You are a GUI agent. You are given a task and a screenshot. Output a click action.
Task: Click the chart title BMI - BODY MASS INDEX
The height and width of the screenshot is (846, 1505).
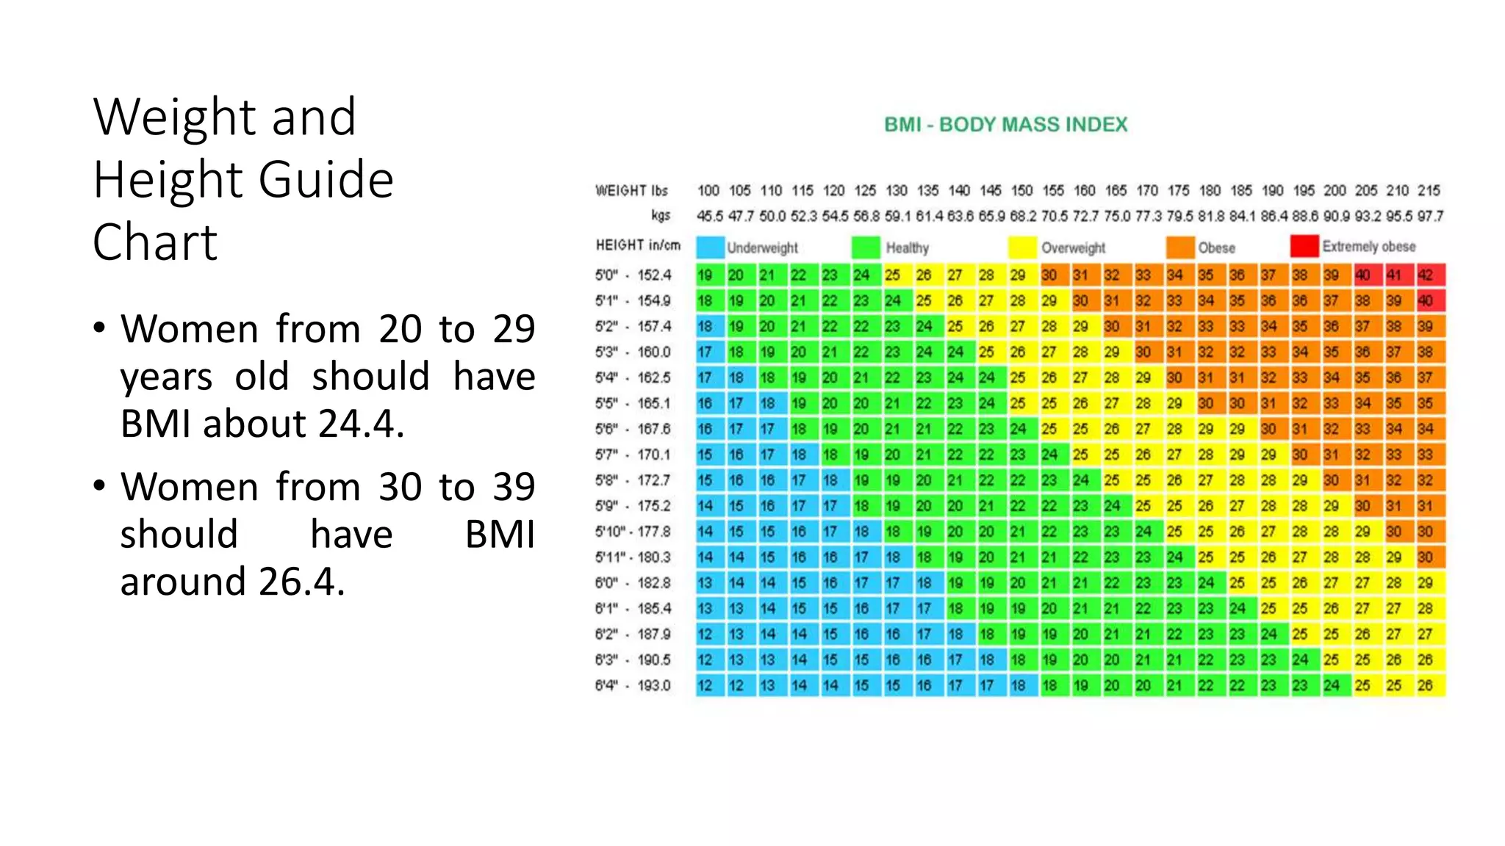tap(1005, 125)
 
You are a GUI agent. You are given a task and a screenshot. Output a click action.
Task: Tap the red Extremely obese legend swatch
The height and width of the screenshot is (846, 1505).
tap(1304, 246)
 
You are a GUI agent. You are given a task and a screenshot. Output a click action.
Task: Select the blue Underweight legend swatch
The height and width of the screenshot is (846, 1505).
tap(710, 247)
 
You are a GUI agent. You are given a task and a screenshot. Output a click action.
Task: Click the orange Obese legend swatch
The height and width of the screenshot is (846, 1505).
tap(1179, 247)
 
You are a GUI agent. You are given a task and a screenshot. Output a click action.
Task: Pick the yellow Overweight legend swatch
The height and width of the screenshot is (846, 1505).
tap(1022, 247)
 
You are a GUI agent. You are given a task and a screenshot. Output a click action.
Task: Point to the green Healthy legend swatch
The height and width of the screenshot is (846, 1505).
tap(866, 247)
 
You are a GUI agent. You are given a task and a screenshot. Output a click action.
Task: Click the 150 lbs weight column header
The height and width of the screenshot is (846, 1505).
tap(1021, 191)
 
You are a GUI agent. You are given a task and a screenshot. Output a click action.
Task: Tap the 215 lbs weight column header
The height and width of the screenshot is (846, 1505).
tap(1429, 191)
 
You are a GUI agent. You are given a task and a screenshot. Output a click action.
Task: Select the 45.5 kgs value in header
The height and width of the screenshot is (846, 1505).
tap(710, 217)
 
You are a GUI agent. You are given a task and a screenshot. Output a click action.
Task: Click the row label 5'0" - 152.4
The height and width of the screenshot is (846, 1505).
tap(633, 275)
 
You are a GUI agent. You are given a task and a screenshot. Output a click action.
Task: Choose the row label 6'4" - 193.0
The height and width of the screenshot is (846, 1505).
tap(633, 686)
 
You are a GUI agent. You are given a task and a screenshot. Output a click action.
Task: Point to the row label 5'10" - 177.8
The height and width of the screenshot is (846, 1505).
tap(633, 532)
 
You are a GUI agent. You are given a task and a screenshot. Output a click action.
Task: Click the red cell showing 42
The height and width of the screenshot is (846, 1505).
tap(1426, 275)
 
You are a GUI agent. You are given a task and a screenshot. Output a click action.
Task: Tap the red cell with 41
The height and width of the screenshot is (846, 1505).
tap(1394, 275)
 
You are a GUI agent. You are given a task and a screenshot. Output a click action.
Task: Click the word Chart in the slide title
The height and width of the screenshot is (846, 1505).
tap(155, 242)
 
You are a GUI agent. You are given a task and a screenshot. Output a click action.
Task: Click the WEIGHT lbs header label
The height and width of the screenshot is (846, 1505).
tap(631, 191)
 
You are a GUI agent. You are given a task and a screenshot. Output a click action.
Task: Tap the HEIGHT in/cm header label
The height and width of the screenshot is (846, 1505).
tap(638, 245)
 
